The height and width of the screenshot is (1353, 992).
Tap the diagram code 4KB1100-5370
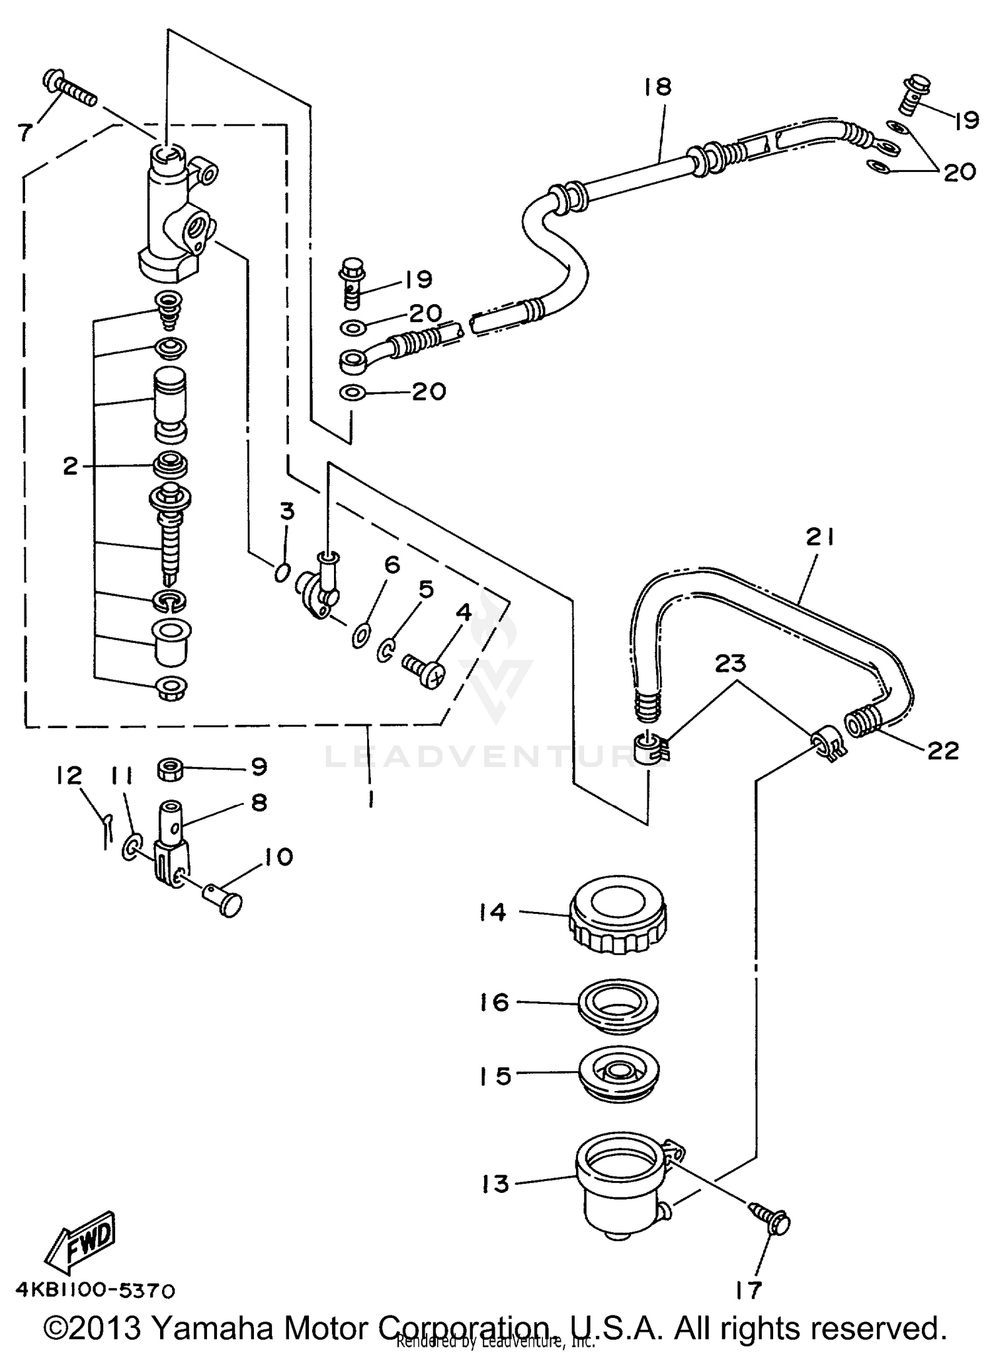click(x=96, y=1291)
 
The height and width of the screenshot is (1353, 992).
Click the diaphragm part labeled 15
click(x=619, y=1075)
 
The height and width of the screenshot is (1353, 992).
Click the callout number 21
click(x=820, y=537)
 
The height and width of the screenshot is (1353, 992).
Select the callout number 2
click(x=71, y=466)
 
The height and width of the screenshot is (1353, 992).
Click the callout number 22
click(x=942, y=750)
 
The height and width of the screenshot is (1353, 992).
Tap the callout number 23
click(x=730, y=663)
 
